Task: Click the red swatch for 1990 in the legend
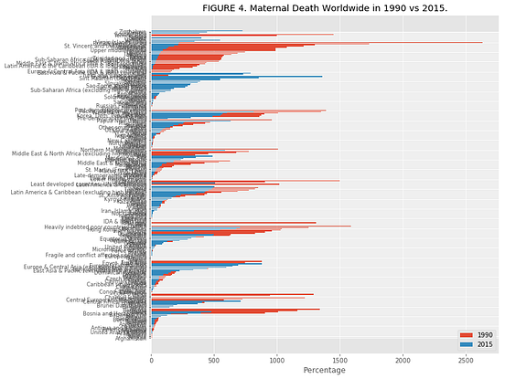(467, 335)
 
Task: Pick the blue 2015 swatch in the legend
(467, 344)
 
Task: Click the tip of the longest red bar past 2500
(482, 42)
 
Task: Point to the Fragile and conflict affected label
(99, 253)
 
